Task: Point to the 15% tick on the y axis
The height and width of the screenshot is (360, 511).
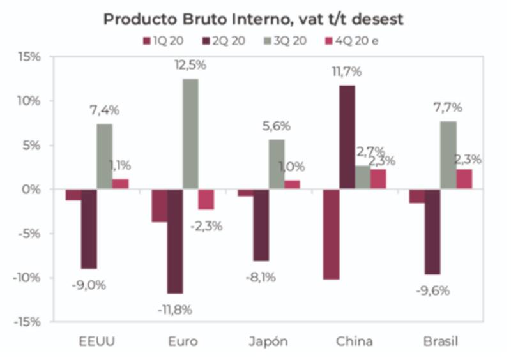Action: [x=28, y=57]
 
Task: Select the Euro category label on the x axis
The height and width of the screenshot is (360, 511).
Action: [x=181, y=341]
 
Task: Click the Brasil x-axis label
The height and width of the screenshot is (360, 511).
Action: [x=441, y=341]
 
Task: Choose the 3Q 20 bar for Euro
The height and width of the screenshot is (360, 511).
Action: [x=190, y=134]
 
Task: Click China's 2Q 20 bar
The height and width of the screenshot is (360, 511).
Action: [x=347, y=137]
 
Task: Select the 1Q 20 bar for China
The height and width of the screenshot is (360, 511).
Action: [x=331, y=234]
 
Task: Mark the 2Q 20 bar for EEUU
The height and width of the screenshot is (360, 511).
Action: [x=89, y=229]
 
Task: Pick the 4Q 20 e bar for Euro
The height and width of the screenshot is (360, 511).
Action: [x=206, y=199]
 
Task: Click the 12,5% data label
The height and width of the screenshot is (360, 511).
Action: [x=190, y=64]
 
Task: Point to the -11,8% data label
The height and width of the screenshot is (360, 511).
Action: [x=174, y=310]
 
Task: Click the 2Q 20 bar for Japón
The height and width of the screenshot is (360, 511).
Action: [x=261, y=225]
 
